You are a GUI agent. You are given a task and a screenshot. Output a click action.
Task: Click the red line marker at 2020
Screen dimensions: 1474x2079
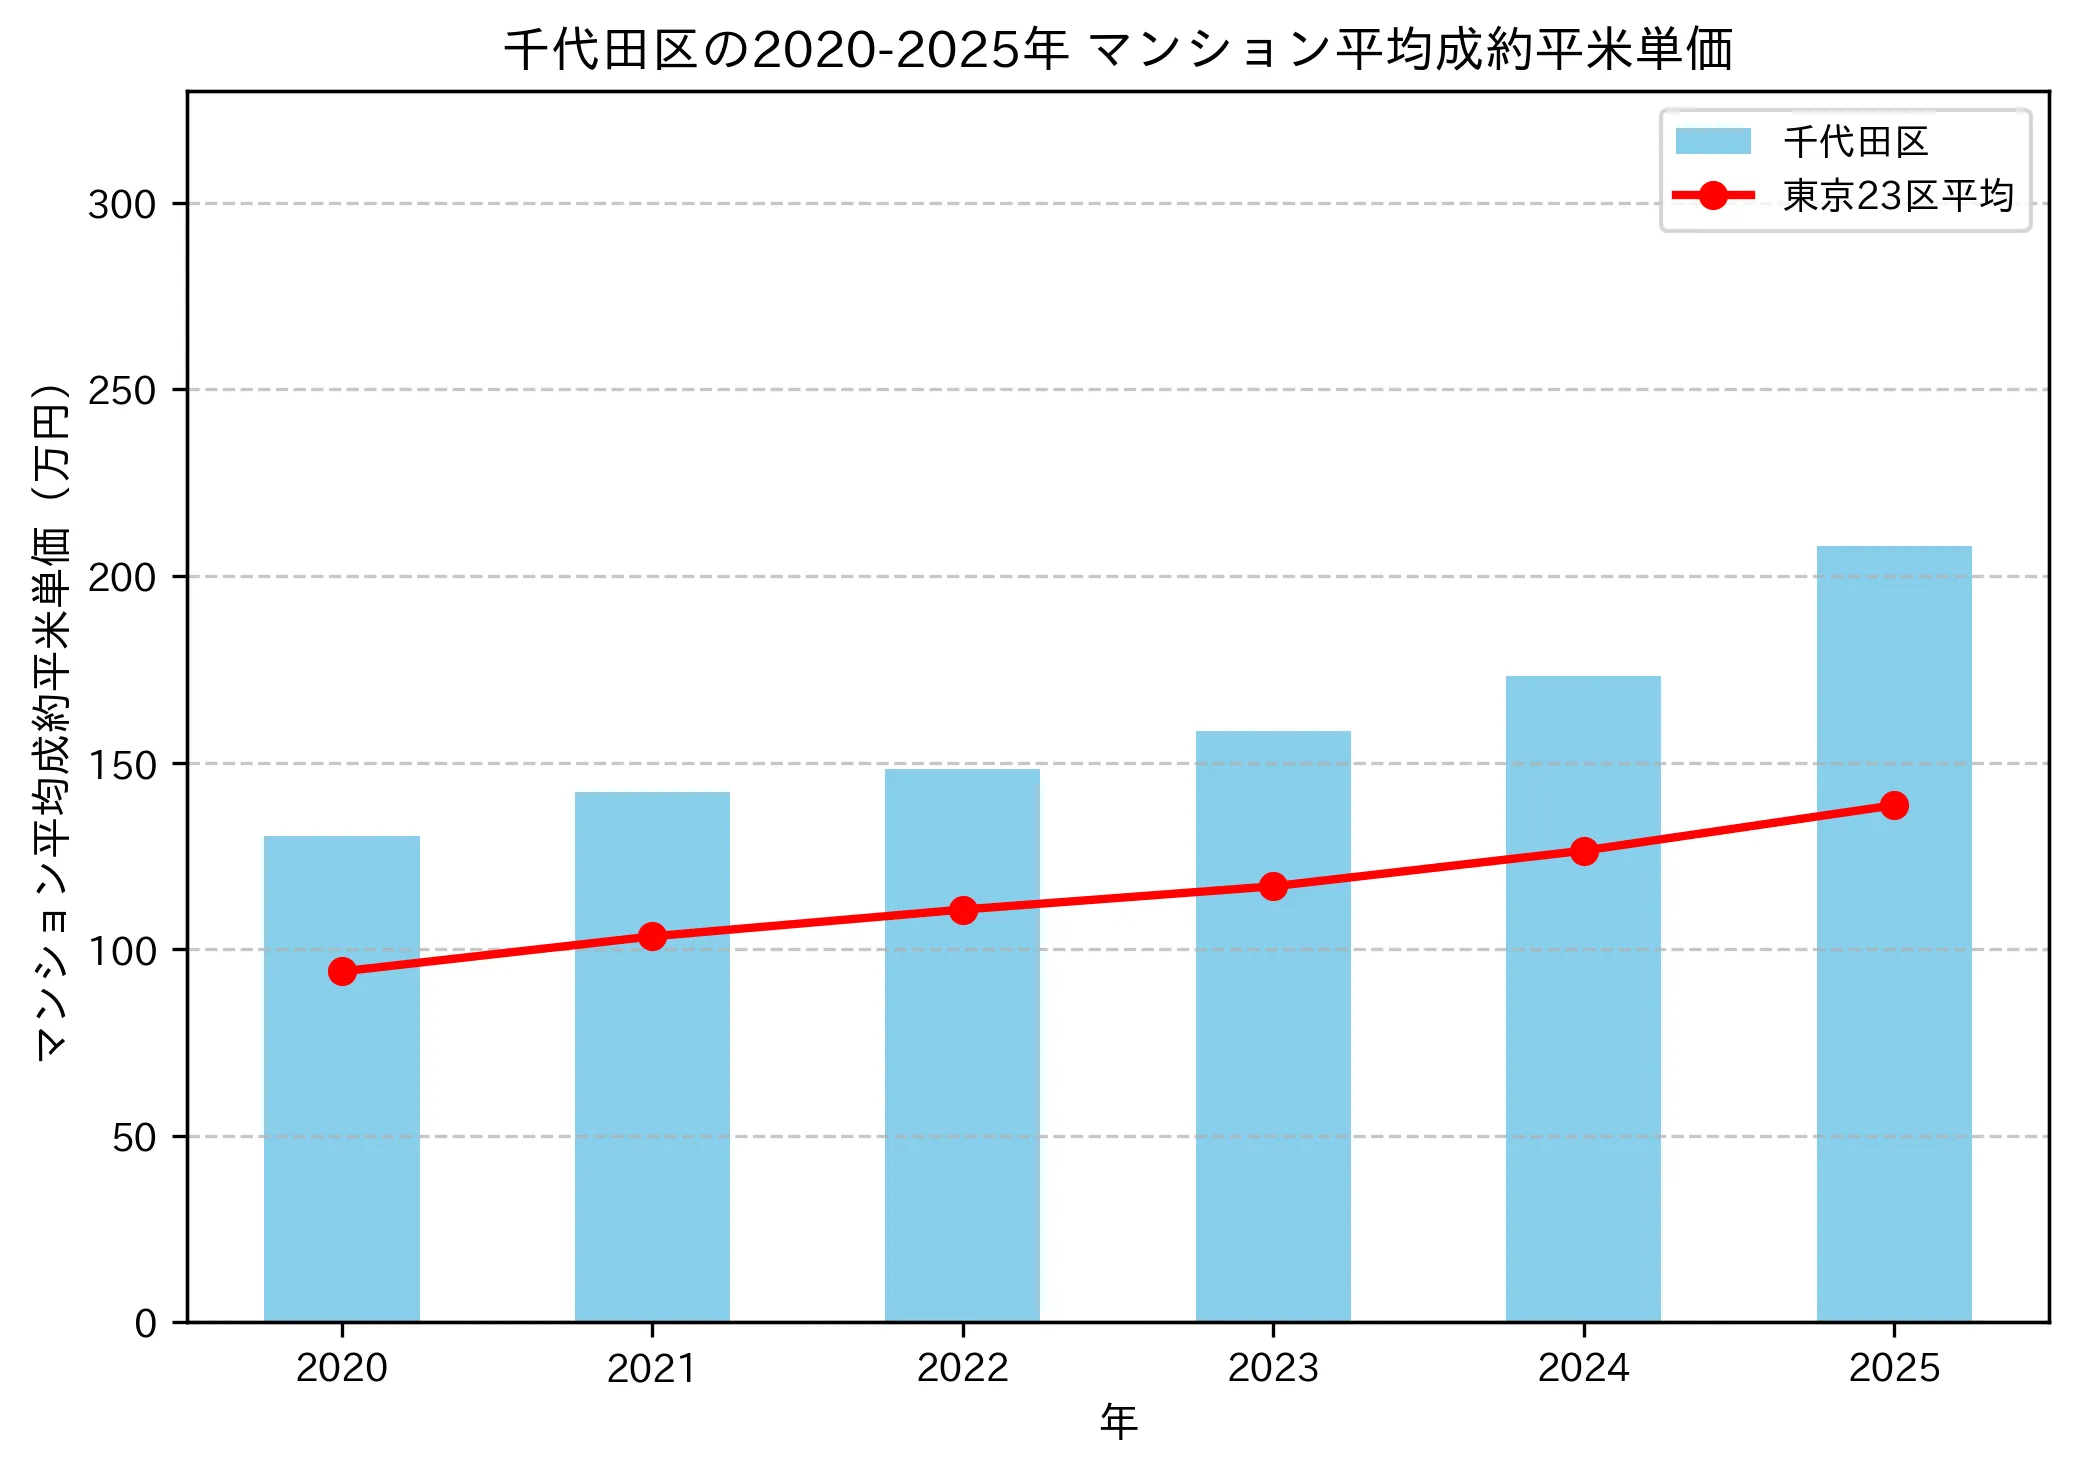[x=342, y=971]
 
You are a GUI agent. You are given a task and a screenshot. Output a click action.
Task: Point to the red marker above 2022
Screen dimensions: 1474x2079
[x=963, y=910]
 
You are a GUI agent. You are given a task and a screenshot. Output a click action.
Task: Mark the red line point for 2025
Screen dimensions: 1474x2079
[x=1894, y=805]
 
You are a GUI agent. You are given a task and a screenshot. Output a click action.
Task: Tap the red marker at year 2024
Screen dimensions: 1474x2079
[x=1584, y=851]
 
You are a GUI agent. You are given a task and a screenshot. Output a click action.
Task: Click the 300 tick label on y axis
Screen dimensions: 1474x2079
[x=122, y=205]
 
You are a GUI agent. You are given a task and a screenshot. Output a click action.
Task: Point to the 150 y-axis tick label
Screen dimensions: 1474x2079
[x=122, y=765]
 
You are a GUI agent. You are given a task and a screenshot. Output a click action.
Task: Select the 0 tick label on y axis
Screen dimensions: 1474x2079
[x=146, y=1324]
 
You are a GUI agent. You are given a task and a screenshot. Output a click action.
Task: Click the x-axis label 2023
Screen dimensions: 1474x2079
[x=1273, y=1368]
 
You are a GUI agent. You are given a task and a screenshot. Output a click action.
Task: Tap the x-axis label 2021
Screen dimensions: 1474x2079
[x=652, y=1368]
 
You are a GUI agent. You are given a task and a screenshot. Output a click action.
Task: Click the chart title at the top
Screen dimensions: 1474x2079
[x=1118, y=50]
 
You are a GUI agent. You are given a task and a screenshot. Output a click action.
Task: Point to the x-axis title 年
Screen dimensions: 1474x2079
[x=1118, y=1422]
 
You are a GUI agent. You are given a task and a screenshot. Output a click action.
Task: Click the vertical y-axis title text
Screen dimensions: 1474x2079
[x=52, y=720]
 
